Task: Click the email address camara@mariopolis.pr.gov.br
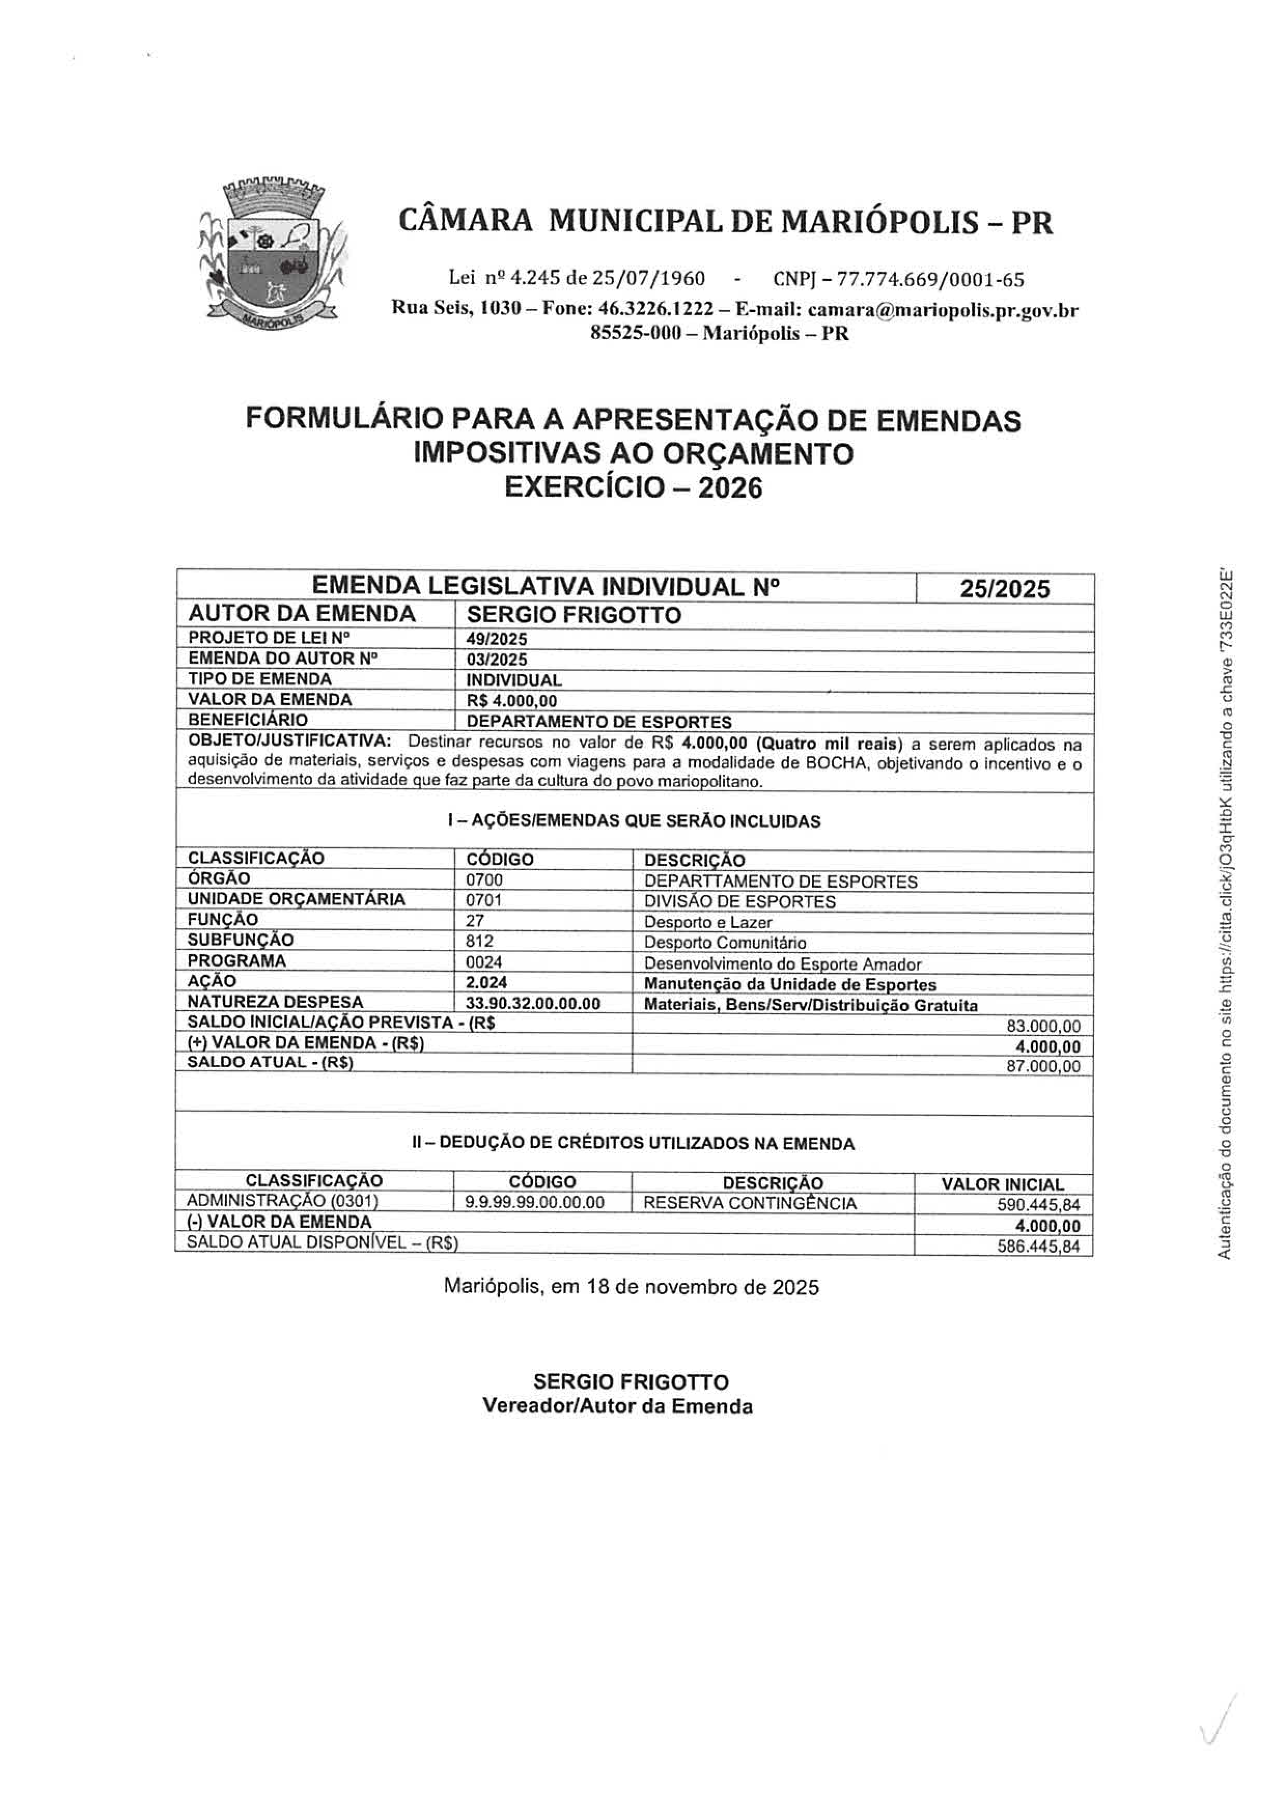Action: click(943, 311)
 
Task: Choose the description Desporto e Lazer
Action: click(708, 922)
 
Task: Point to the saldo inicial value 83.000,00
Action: click(1043, 1027)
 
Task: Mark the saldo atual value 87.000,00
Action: click(1043, 1067)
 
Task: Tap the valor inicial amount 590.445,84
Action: click(1039, 1206)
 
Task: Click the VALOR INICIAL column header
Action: click(1002, 1184)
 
